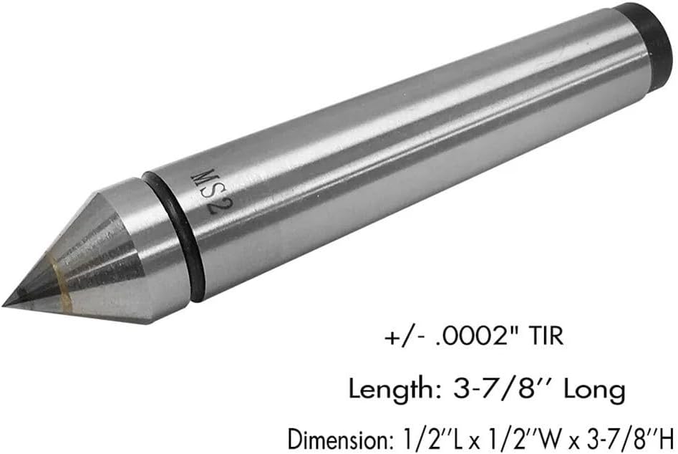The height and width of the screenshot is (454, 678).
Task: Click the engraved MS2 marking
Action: click(x=212, y=191)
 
